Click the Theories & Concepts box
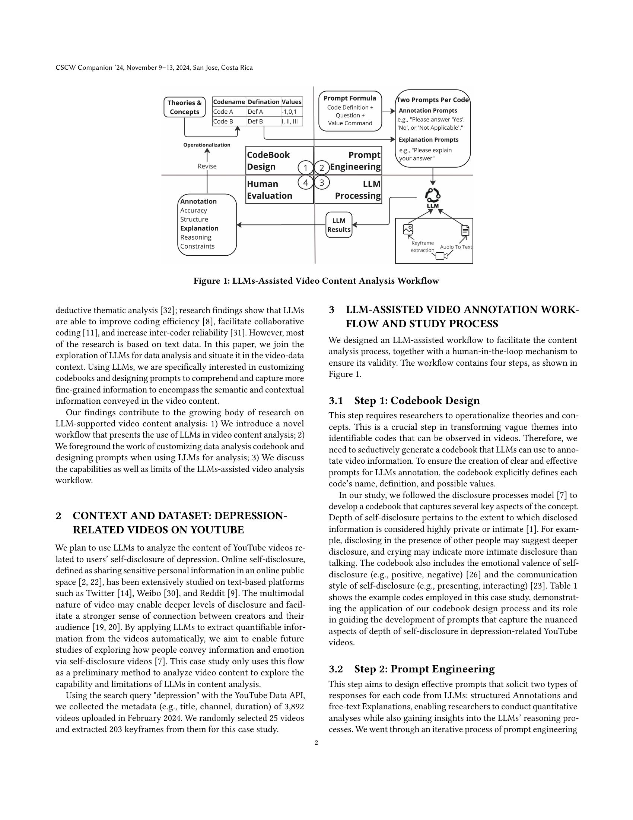pos(184,107)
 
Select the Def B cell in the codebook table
pos(264,121)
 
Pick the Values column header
pos(292,102)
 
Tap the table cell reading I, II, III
pos(292,121)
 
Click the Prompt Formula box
pos(350,111)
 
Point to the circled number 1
pos(306,167)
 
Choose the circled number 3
pos(321,183)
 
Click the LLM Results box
pos(338,225)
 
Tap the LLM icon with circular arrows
pos(432,196)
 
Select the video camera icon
pos(441,256)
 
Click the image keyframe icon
pos(408,229)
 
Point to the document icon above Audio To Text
pos(465,230)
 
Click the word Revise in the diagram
pos(207,166)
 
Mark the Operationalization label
pos(207,145)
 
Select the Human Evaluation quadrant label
pos(269,190)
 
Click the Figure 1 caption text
pos(316,281)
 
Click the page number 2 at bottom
pos(316,742)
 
